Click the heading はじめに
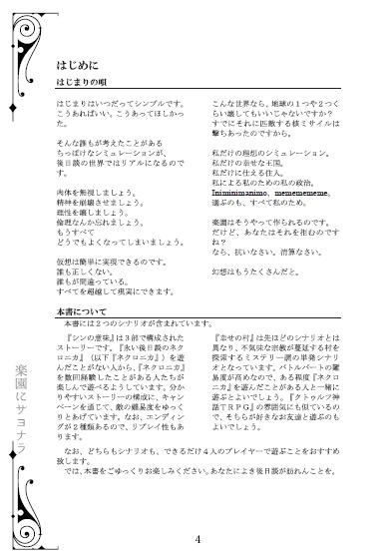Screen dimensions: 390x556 (x=72, y=62)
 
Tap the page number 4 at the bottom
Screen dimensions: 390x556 (x=198, y=540)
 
